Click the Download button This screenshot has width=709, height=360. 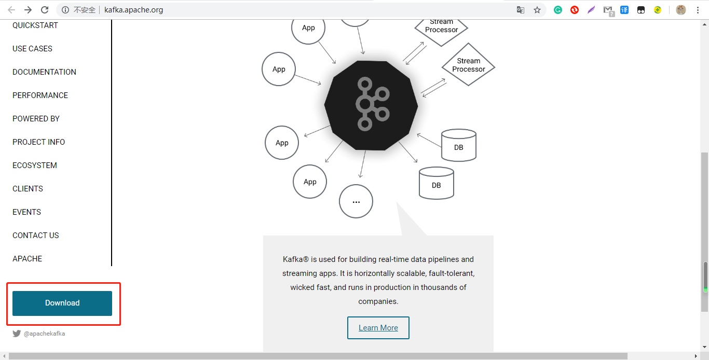click(62, 303)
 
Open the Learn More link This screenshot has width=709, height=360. click(378, 328)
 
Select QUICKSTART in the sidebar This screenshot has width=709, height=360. click(35, 25)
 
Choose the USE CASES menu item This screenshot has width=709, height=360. click(32, 49)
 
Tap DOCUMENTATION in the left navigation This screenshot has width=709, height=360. click(44, 72)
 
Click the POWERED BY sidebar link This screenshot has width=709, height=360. click(36, 119)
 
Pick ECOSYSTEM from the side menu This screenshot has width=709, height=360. click(35, 165)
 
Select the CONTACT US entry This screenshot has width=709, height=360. click(36, 236)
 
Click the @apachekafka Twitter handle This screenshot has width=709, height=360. click(44, 334)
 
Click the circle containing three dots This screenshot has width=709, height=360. click(356, 201)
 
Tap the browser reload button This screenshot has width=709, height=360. click(45, 10)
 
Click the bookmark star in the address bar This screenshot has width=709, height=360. click(537, 10)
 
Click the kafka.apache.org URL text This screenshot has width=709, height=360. click(133, 10)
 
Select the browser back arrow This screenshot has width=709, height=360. click(11, 10)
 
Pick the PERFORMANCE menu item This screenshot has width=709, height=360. click(40, 95)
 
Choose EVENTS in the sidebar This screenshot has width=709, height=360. click(26, 212)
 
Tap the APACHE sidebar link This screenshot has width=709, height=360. click(27, 259)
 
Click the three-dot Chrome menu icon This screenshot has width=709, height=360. click(697, 10)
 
